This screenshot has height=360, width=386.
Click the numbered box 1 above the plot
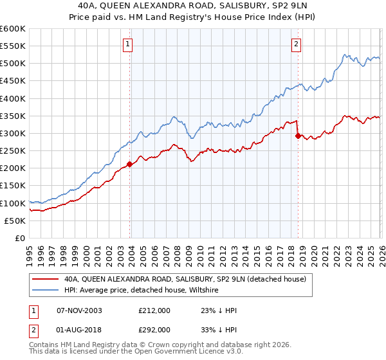coord(127,44)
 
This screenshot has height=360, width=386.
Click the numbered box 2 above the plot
coord(296,44)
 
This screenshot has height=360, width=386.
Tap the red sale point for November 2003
coord(130,164)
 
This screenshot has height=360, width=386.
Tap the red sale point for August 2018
coord(297,136)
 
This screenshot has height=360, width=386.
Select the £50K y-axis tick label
coord(15,221)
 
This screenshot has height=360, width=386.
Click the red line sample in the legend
coord(46,279)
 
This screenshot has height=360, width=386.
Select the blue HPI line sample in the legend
coord(46,290)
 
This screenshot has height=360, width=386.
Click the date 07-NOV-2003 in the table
coord(79,310)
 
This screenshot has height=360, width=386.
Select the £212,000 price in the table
coord(154,310)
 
